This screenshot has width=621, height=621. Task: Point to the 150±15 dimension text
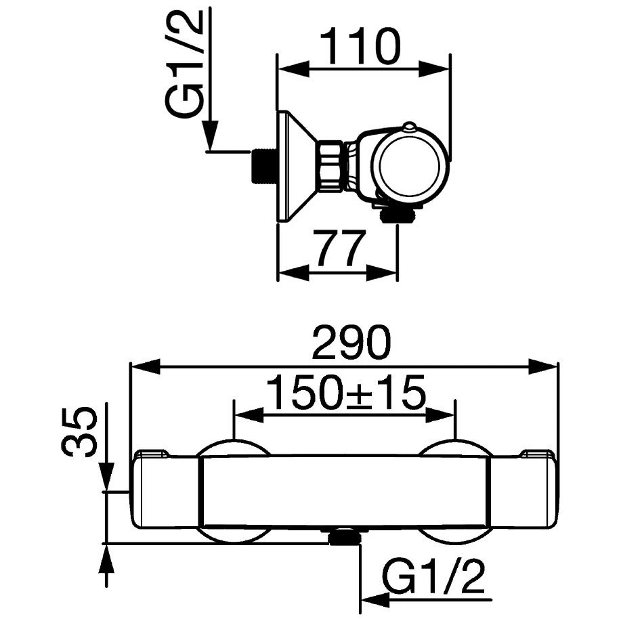coord(345,391)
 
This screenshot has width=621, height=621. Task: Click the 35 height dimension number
coord(81,433)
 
